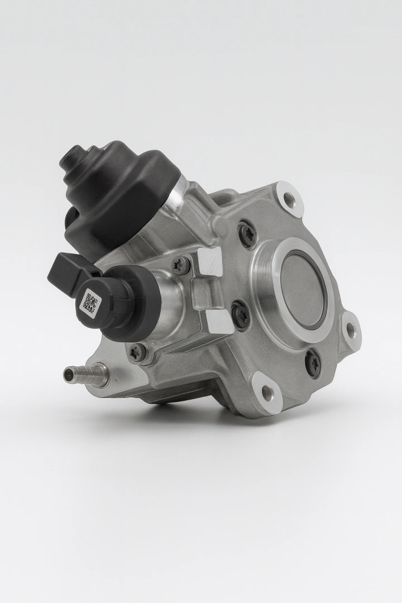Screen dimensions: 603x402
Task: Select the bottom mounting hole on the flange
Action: click(x=265, y=385)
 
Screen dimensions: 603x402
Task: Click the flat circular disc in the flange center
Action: click(x=302, y=290)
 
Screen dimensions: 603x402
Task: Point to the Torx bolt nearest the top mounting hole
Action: click(x=246, y=234)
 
